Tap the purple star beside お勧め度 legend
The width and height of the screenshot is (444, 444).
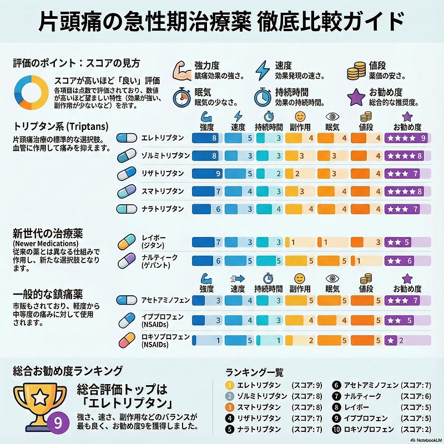(356, 97)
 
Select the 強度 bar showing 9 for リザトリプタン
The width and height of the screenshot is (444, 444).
(207, 174)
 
